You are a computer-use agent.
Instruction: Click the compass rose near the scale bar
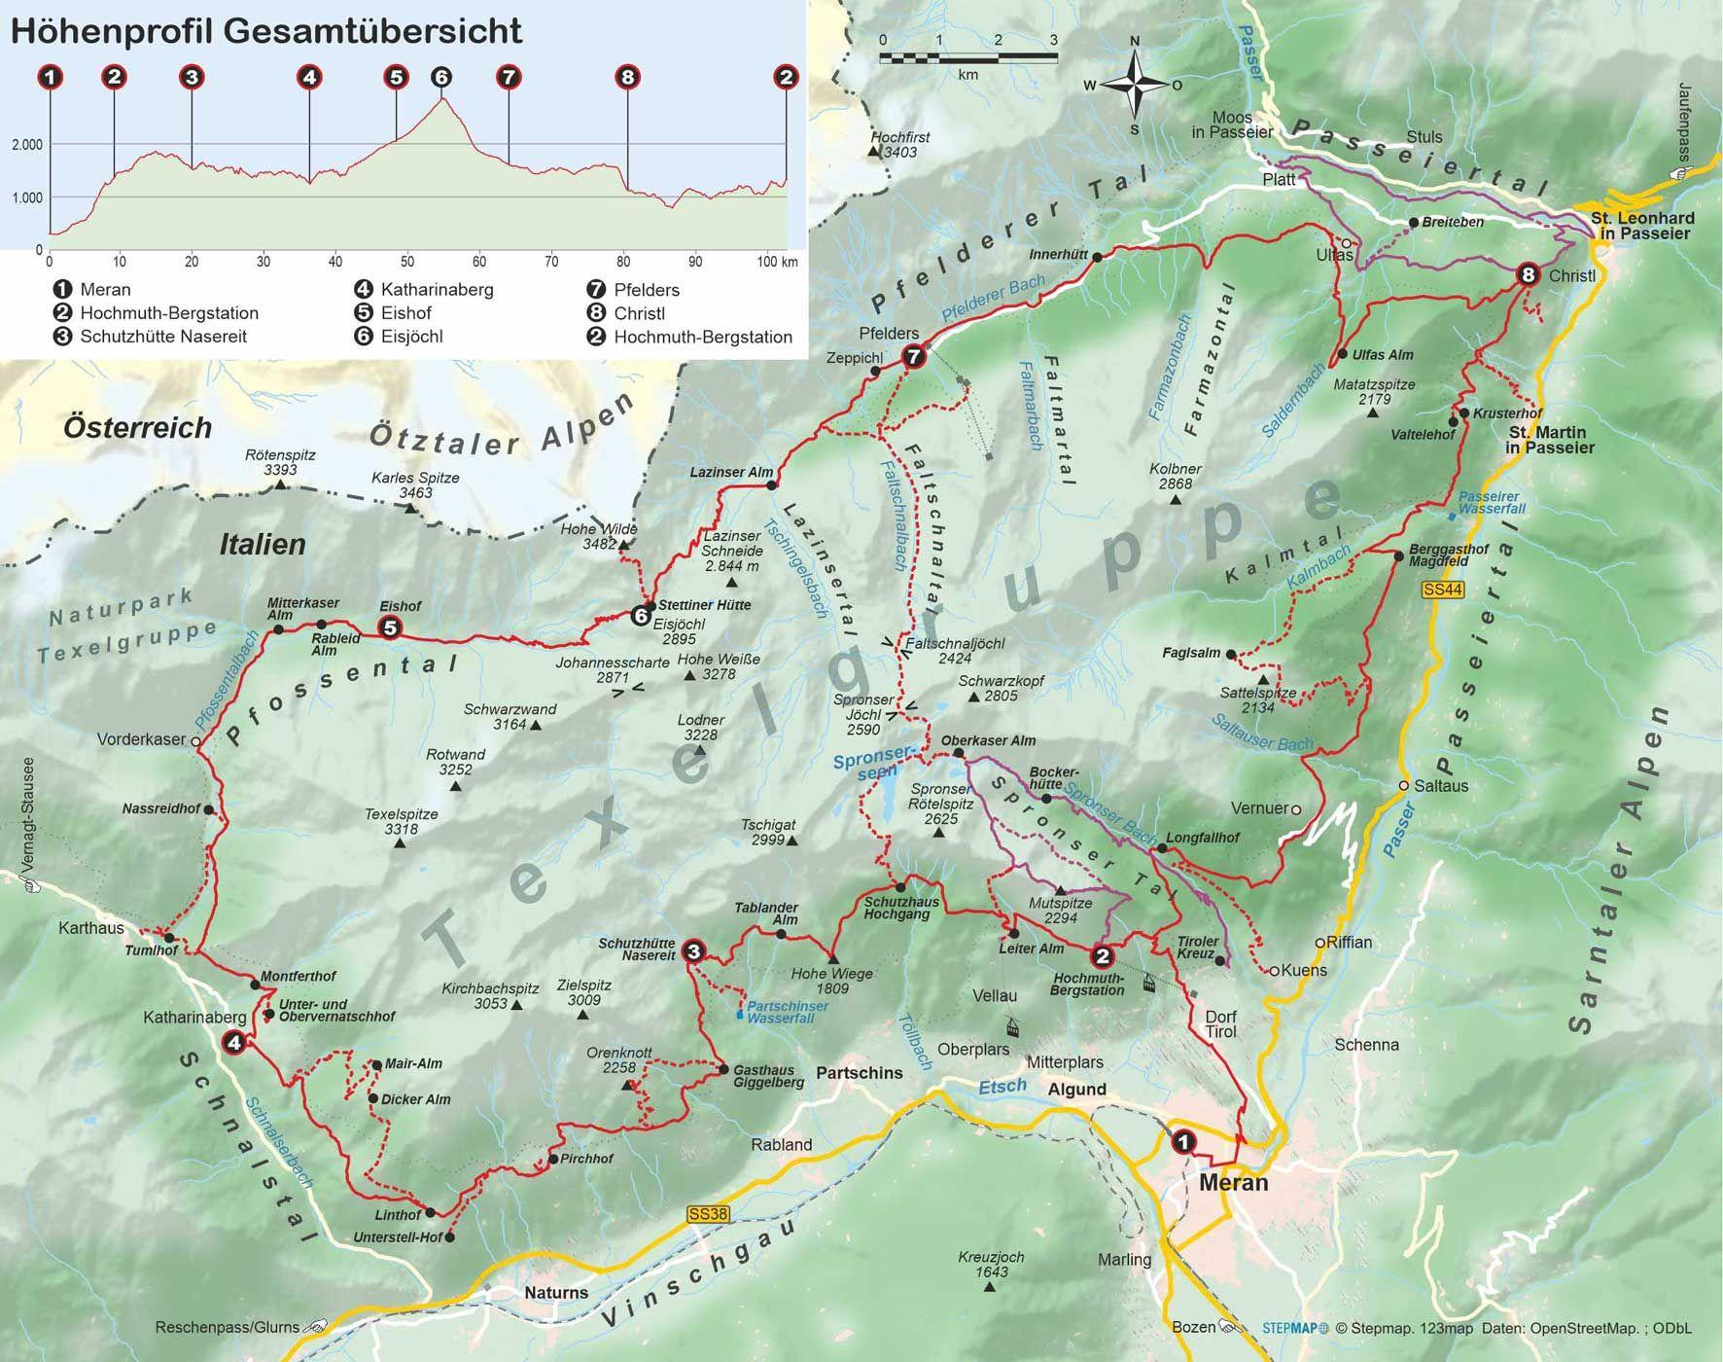point(1134,86)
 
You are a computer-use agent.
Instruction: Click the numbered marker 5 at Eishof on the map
point(390,627)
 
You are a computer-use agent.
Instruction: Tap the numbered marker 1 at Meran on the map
point(1182,1141)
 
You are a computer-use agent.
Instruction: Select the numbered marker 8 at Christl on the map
point(1528,275)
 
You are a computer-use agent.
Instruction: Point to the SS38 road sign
point(707,1214)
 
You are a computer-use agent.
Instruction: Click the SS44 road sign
point(1442,590)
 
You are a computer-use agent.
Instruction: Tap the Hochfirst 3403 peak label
point(899,144)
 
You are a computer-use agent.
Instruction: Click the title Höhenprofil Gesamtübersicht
point(266,31)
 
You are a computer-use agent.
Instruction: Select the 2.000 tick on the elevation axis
point(26,145)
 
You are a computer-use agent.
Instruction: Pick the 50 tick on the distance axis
point(407,262)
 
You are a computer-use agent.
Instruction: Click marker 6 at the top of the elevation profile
point(440,77)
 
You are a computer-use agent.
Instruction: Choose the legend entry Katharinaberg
point(437,290)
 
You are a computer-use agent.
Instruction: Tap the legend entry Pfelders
point(646,290)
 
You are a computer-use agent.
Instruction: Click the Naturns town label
point(556,1293)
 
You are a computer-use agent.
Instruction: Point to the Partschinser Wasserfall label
point(788,1012)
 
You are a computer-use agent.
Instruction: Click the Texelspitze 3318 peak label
point(401,821)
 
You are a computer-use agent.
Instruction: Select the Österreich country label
point(137,427)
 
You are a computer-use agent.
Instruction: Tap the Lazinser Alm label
point(730,473)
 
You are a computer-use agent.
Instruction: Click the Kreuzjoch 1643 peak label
point(990,1264)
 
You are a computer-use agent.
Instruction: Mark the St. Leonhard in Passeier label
point(1641,226)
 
